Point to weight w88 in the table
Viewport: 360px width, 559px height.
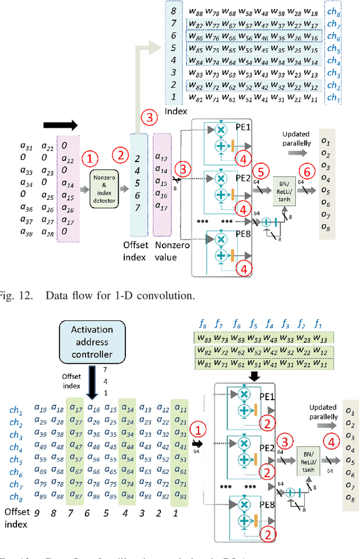pos(195,11)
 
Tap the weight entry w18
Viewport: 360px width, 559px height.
pos(312,11)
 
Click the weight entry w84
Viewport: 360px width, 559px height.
pos(195,61)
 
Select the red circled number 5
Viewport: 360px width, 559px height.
pos(260,171)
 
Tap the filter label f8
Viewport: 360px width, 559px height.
pos(204,324)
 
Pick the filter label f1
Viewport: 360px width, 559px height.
pos(319,324)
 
